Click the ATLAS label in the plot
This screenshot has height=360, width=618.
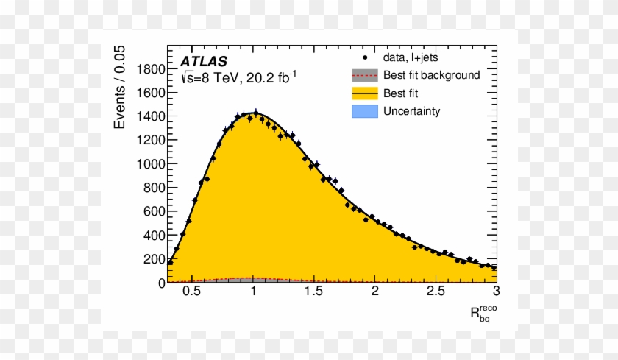(204, 61)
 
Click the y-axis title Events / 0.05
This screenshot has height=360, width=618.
(120, 87)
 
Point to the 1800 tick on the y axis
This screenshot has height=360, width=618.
(150, 69)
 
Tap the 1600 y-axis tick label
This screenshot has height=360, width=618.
(150, 93)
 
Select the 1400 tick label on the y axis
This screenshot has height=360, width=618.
(150, 116)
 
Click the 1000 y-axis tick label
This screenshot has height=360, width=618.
(150, 164)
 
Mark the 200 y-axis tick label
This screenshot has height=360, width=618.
(153, 259)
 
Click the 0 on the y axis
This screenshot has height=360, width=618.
(161, 283)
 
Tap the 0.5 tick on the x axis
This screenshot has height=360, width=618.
(192, 292)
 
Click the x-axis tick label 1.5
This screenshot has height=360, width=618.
(314, 292)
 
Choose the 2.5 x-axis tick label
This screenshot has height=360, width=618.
(436, 292)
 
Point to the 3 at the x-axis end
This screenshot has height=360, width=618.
(497, 292)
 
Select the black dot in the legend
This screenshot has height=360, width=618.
(364, 57)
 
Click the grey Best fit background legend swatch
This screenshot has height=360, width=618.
(364, 75)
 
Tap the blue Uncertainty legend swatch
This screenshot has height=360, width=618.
(364, 112)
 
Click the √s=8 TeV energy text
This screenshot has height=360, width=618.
(208, 78)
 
